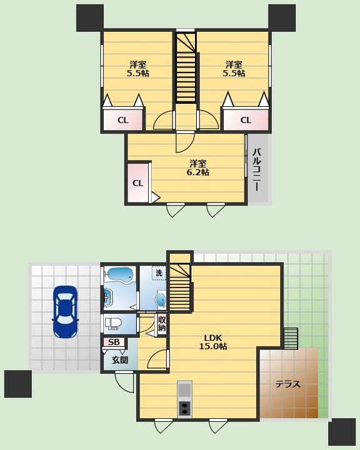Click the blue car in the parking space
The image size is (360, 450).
click(x=65, y=311)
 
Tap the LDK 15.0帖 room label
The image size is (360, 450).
click(x=213, y=342)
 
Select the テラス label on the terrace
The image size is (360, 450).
click(x=287, y=384)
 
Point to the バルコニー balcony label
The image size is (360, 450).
click(x=257, y=169)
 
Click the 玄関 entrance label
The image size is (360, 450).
click(x=120, y=360)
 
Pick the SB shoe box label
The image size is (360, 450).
click(x=114, y=342)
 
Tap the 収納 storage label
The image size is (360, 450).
click(x=162, y=324)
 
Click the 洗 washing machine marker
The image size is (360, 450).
click(x=159, y=273)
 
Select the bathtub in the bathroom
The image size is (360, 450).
click(x=119, y=275)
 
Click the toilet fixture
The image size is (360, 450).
click(x=113, y=323)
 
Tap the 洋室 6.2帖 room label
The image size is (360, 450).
click(x=197, y=168)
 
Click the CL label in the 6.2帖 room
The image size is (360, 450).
click(x=137, y=183)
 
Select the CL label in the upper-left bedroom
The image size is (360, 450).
click(x=122, y=120)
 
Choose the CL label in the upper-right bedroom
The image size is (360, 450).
click(x=246, y=120)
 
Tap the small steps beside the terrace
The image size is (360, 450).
click(x=291, y=338)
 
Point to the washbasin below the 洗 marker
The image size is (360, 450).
click(x=161, y=299)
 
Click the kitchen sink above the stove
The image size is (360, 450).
click(x=184, y=389)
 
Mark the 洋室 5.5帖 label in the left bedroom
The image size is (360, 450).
click(x=137, y=69)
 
